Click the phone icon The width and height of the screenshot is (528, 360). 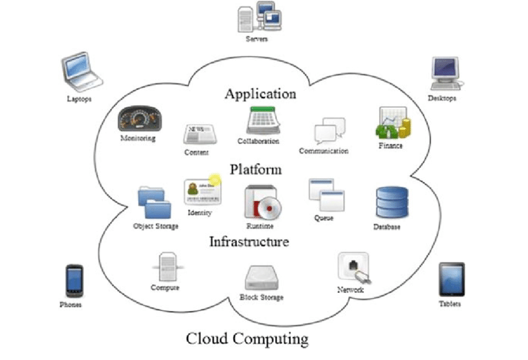pyautogui.click(x=74, y=281)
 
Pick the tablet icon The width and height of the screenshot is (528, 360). pyautogui.click(x=451, y=279)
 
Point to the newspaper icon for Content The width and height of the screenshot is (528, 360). pyautogui.click(x=198, y=134)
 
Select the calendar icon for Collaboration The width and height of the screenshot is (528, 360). pyautogui.click(x=262, y=120)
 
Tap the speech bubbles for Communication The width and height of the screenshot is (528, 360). pyautogui.click(x=329, y=130)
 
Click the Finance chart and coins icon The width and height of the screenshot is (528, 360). pyautogui.click(x=393, y=123)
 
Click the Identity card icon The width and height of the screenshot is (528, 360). pyautogui.click(x=202, y=192)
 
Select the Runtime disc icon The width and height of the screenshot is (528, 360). pyautogui.click(x=262, y=202)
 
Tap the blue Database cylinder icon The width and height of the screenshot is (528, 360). pyautogui.click(x=391, y=203)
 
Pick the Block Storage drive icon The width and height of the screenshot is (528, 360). pyautogui.click(x=262, y=278)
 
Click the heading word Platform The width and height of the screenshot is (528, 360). pyautogui.click(x=255, y=169)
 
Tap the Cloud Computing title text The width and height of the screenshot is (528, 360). pyautogui.click(x=247, y=339)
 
